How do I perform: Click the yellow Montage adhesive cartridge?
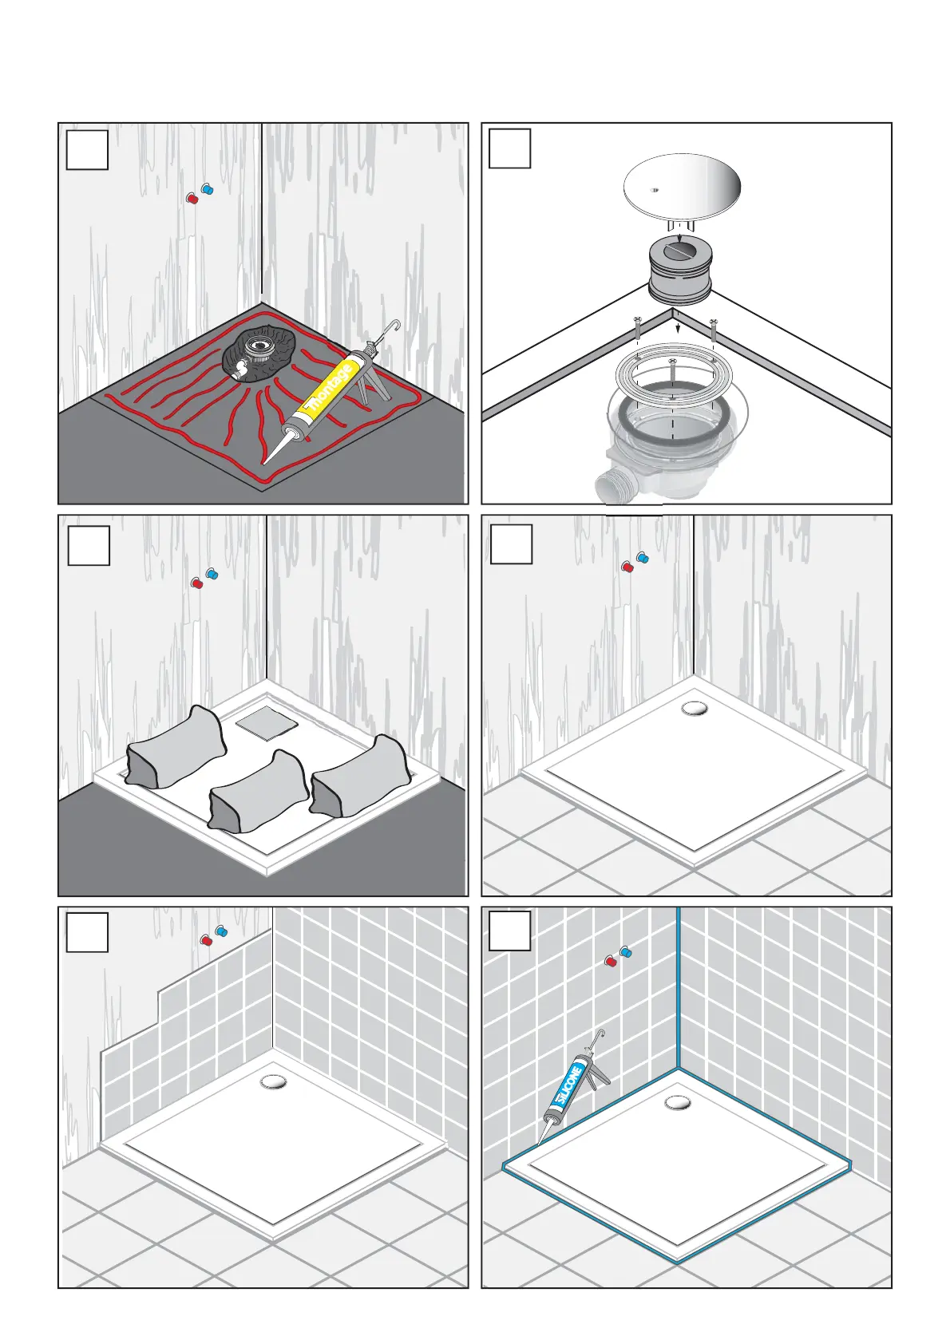tap(328, 392)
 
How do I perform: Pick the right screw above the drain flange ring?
tap(713, 330)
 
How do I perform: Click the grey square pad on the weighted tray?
tap(267, 724)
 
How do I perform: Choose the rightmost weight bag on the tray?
tap(361, 774)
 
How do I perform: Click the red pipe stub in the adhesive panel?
tap(192, 198)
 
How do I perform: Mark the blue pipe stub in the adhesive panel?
tap(208, 190)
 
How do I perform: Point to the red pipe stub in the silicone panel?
tap(611, 960)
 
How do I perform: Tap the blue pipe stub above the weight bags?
tap(212, 574)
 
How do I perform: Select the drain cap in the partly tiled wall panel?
tap(273, 1082)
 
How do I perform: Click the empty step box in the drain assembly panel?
tap(509, 148)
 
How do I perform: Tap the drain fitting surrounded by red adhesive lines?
tap(258, 349)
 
